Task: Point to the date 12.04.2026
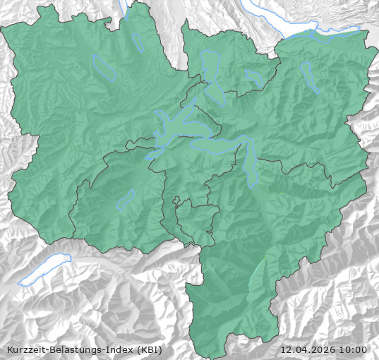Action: [308, 349]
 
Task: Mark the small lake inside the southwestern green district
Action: [125, 200]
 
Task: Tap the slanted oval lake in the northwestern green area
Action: [104, 66]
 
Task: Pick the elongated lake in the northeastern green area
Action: [310, 77]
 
